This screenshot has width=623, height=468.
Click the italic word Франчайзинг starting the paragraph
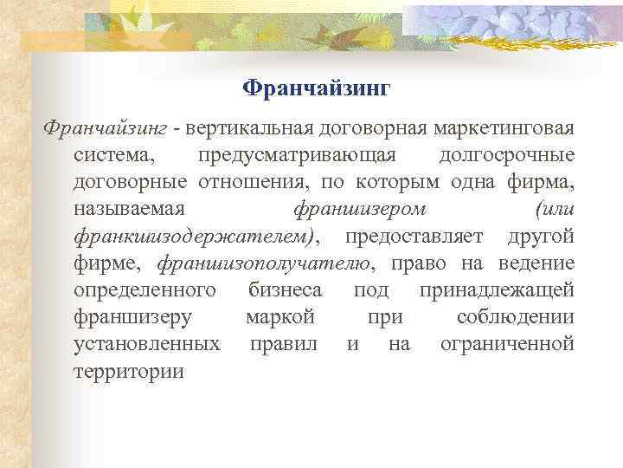point(105,129)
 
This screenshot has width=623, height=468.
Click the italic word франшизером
point(360,210)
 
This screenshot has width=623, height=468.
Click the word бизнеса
point(286,290)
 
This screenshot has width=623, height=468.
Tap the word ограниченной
point(507,344)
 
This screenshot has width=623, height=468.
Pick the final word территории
point(129,371)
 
